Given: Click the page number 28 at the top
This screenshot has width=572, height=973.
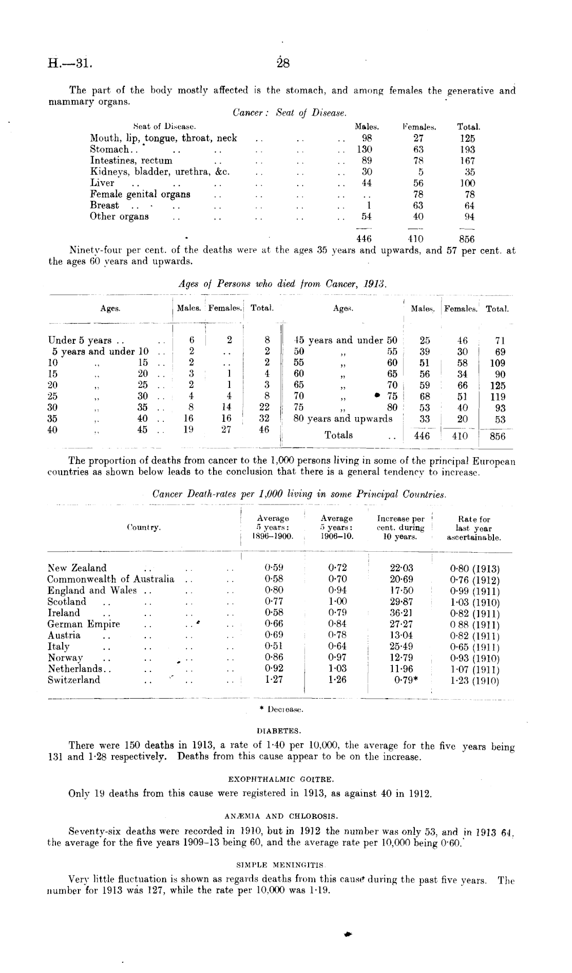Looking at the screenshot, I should (283, 64).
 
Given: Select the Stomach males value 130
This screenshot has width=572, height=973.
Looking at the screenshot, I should (364, 149).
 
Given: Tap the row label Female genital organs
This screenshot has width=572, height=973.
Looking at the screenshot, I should (140, 194).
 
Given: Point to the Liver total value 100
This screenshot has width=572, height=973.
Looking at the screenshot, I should (467, 183).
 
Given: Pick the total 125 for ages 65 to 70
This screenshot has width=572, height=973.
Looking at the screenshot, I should (497, 385).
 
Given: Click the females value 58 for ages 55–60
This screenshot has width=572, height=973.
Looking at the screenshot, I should (462, 363).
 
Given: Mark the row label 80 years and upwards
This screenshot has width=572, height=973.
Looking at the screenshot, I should (342, 419).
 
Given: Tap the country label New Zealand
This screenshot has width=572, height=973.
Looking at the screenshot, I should (77, 568).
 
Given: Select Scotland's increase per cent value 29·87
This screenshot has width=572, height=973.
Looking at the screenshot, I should (402, 602).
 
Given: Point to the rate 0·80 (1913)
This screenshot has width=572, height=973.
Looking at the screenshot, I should (474, 569).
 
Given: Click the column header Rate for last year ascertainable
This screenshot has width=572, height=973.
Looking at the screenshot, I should (474, 528).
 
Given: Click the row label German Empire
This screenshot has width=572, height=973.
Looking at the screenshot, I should (84, 624).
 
